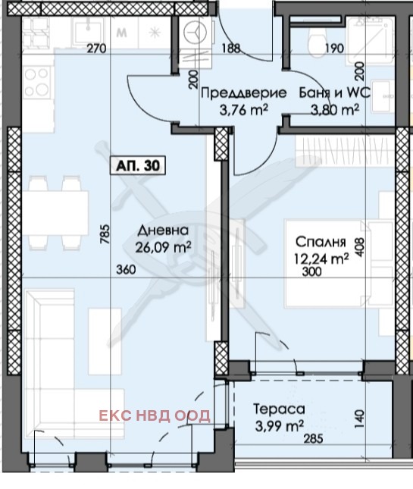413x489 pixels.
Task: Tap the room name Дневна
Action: pyautogui.click(x=159, y=231)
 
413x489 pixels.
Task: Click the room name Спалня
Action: pyautogui.click(x=320, y=243)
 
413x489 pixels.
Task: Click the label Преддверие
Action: pyautogui.click(x=243, y=93)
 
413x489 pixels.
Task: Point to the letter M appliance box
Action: pyautogui.click(x=121, y=33)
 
